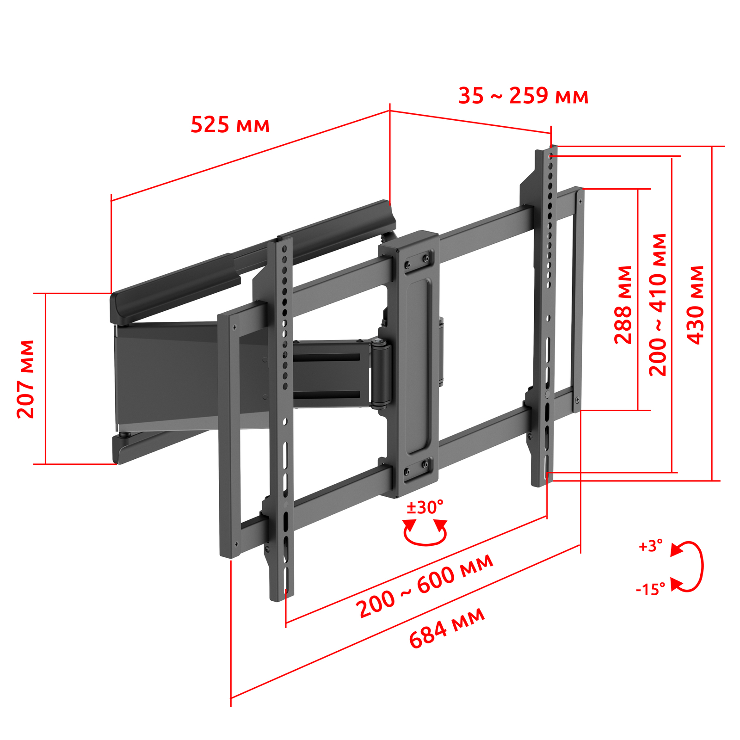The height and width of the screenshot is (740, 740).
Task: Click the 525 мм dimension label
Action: point(230,125)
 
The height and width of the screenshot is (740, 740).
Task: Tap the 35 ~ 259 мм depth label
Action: point(523,96)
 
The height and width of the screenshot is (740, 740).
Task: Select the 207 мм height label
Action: point(26,379)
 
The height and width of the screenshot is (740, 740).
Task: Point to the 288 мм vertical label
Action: point(623,305)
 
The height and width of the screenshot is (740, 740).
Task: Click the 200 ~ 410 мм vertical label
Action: point(658,305)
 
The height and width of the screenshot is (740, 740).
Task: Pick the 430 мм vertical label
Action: point(695,305)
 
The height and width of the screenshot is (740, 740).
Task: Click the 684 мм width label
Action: point(447,628)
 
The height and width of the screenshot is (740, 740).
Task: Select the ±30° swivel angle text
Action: point(425,507)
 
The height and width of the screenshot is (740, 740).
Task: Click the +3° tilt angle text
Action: point(650,546)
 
